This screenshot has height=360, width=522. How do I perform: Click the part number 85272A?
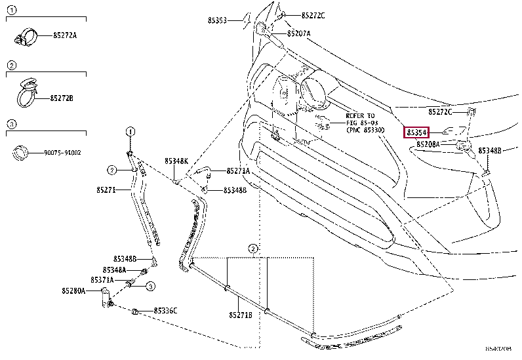(x=64, y=35)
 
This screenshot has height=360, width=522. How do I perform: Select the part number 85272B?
(x=62, y=98)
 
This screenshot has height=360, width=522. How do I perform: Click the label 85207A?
(x=298, y=33)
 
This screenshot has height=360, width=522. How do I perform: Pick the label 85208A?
(x=428, y=144)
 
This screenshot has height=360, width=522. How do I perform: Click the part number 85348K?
(x=176, y=161)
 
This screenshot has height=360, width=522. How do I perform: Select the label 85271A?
(x=238, y=170)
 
